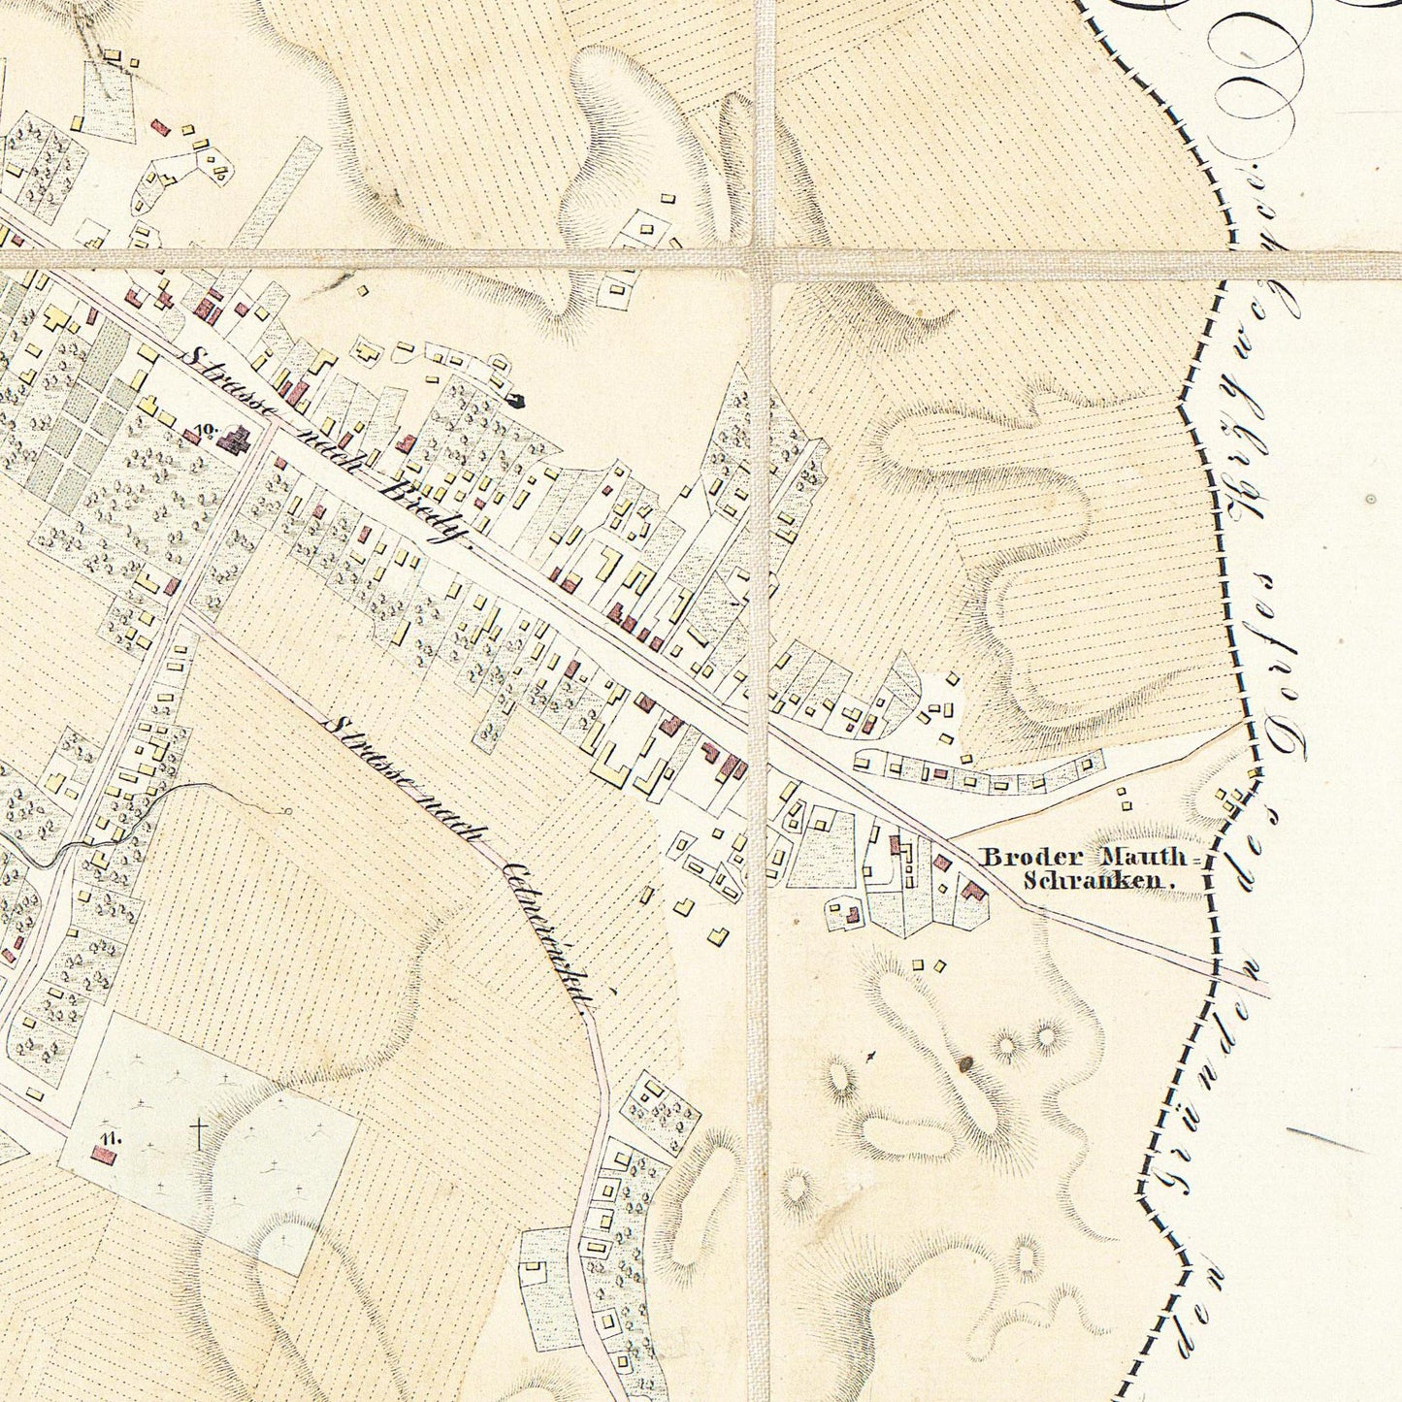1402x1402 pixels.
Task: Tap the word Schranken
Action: pyautogui.click(x=1097, y=882)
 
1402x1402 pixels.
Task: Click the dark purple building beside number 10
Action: pyautogui.click(x=234, y=441)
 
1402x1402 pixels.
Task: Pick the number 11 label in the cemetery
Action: pyautogui.click(x=108, y=1136)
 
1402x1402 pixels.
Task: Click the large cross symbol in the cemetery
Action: pyautogui.click(x=198, y=1131)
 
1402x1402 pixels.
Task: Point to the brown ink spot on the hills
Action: pyautogui.click(x=965, y=1064)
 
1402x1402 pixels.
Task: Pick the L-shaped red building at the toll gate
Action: pyautogui.click(x=973, y=891)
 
